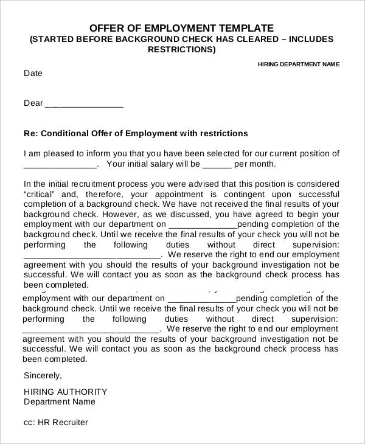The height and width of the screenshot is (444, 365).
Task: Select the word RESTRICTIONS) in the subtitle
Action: pos(182,50)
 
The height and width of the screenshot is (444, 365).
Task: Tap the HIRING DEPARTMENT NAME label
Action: pos(299,64)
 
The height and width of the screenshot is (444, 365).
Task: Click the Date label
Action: pos(33,74)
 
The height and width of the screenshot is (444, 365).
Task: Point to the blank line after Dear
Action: pos(85,104)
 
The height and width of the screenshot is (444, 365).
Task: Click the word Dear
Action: pos(33,103)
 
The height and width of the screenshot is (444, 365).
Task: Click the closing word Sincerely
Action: pos(43,375)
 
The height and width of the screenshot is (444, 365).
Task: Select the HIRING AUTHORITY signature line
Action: pos(65,392)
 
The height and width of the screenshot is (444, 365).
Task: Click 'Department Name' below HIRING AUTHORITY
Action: pos(59,402)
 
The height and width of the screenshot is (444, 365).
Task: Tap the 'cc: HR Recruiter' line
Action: pos(55,422)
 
